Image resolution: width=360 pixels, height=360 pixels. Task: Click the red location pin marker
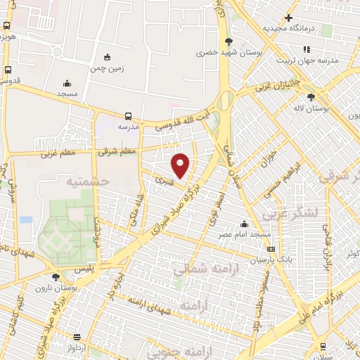point(181,165)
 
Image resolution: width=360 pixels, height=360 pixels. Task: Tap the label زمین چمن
point(107,70)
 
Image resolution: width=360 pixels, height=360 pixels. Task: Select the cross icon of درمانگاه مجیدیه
point(288,18)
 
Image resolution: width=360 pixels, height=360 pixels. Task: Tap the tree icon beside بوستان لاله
point(311,97)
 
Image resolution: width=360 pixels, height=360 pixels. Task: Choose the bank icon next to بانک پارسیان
point(271,249)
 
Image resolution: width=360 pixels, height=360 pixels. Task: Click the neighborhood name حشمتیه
point(88,181)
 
